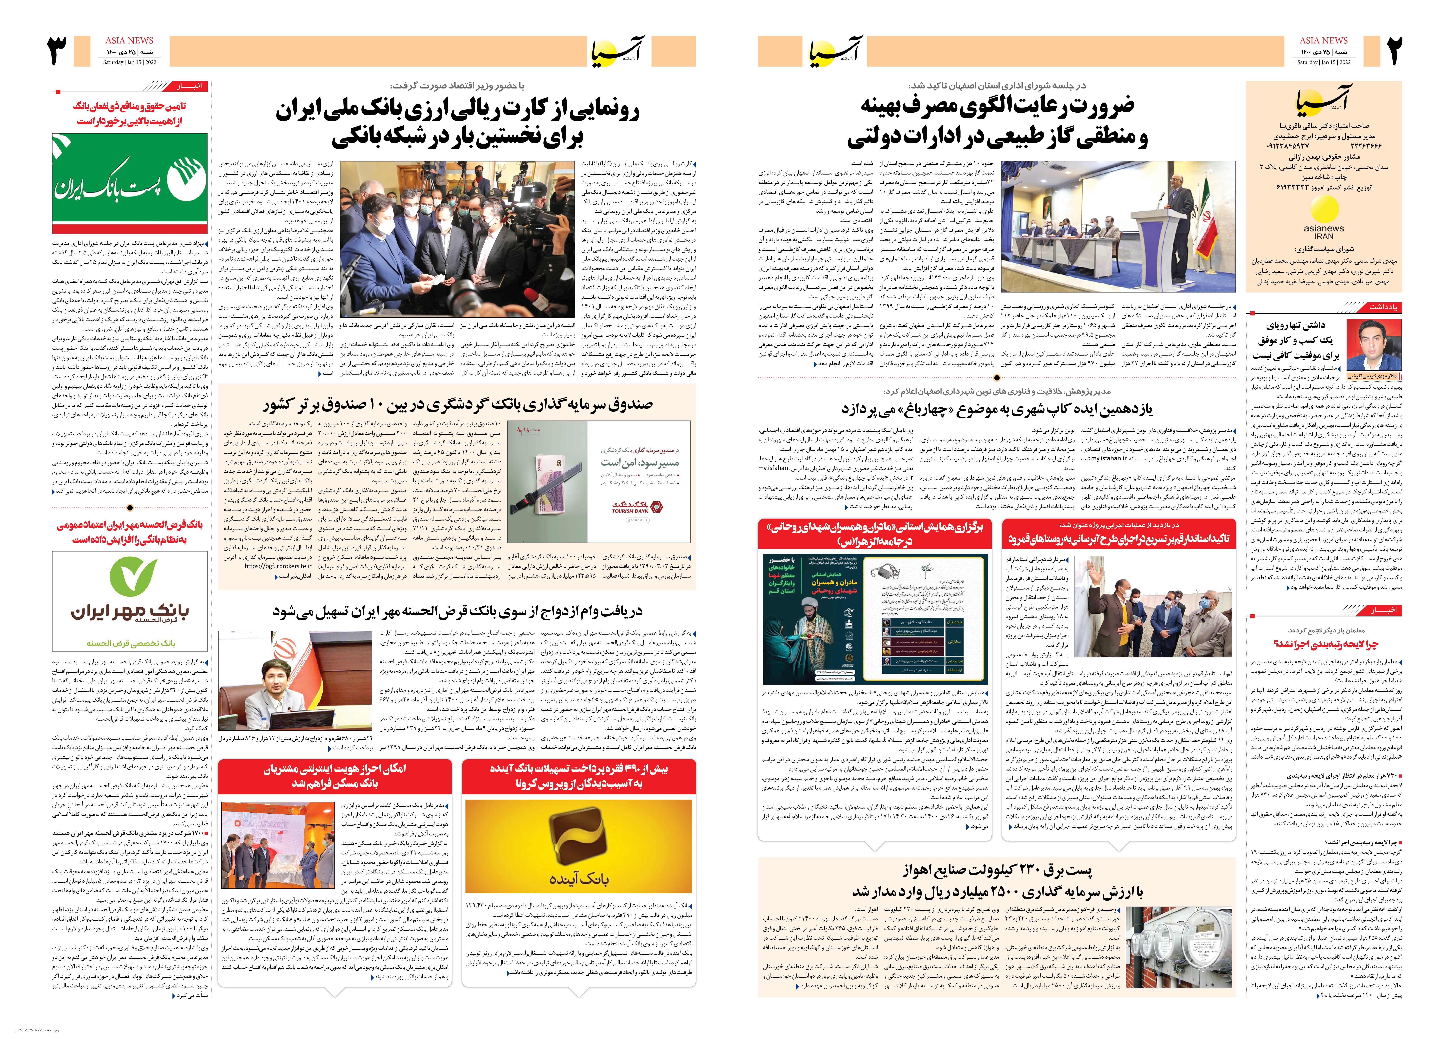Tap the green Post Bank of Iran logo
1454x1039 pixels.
click(x=130, y=182)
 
